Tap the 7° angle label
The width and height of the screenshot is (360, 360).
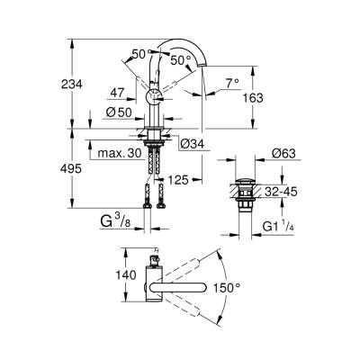pyautogui.click(x=231, y=82)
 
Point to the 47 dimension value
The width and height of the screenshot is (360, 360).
pyautogui.click(x=117, y=93)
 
